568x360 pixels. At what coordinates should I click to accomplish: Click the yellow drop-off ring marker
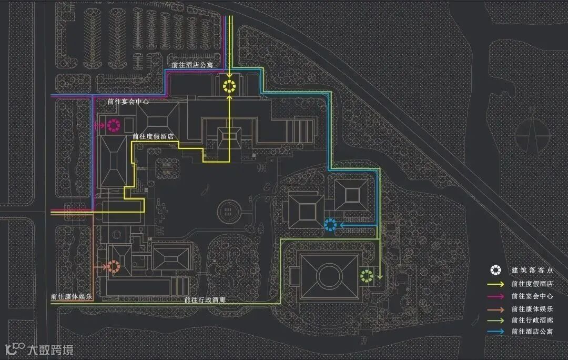[x=229, y=87]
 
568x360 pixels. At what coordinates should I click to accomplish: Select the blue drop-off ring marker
[x=330, y=225]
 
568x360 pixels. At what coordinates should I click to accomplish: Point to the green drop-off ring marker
[x=367, y=275]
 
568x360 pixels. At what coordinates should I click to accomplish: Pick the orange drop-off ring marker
[x=114, y=267]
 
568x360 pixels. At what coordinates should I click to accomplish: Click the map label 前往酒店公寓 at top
[x=192, y=64]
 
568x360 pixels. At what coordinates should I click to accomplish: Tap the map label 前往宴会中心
[x=128, y=101]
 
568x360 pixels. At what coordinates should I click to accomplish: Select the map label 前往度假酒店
[x=153, y=136]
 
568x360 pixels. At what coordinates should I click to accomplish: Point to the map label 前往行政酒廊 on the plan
[x=205, y=300]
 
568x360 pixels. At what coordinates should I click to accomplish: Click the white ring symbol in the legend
[x=495, y=271]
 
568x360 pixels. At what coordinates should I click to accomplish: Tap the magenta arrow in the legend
[x=495, y=296]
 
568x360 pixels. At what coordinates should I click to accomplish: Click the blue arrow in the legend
[x=495, y=332]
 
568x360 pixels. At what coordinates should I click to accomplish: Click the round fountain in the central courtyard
[x=228, y=211]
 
